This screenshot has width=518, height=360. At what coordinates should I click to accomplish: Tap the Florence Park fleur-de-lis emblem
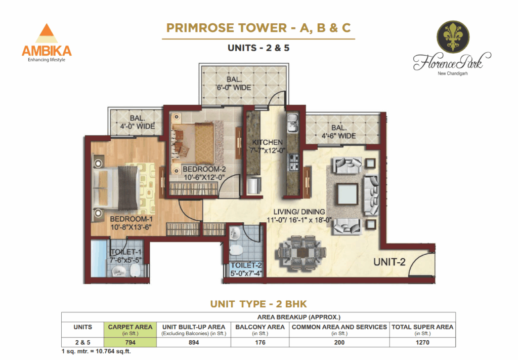click(x=453, y=36)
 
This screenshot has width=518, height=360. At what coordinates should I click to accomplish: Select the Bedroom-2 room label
click(x=204, y=169)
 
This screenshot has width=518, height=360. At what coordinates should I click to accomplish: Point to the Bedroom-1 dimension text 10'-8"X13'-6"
click(x=131, y=227)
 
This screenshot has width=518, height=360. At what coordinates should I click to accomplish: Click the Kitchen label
click(x=267, y=142)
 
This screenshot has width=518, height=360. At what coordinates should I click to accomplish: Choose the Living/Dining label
click(x=299, y=212)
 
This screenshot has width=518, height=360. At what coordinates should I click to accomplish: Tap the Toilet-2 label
click(x=246, y=265)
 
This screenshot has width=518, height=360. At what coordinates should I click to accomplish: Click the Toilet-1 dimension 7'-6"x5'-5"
click(x=125, y=260)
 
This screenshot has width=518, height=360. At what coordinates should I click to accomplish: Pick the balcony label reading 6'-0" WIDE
click(x=234, y=88)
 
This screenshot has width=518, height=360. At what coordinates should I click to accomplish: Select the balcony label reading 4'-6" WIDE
click(x=338, y=136)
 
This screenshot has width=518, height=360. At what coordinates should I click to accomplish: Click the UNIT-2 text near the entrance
click(x=389, y=262)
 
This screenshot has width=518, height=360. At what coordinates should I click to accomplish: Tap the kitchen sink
click(x=292, y=123)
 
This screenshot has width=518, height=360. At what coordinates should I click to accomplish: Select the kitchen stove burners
click(x=293, y=163)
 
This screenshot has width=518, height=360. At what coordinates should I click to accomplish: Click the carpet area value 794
click(x=130, y=342)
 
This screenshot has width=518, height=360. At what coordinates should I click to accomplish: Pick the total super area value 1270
click(x=422, y=342)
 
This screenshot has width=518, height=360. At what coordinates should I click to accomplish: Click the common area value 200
click(x=339, y=342)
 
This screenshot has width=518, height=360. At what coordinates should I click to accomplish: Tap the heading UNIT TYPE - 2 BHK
click(x=258, y=304)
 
